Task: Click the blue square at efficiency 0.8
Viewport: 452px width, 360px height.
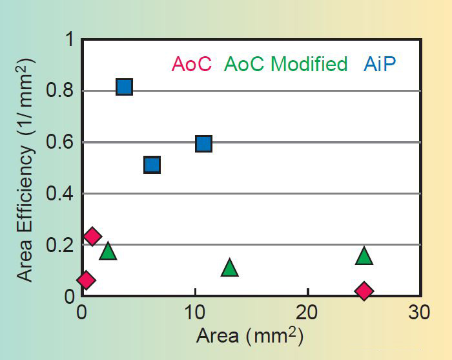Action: pyautogui.click(x=125, y=87)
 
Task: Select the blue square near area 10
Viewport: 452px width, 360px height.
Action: pyautogui.click(x=203, y=143)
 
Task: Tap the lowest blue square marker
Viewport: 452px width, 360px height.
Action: pyautogui.click(x=152, y=165)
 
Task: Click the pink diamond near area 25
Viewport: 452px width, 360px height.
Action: pyautogui.click(x=364, y=291)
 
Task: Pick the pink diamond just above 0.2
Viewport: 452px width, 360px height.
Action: pyautogui.click(x=92, y=236)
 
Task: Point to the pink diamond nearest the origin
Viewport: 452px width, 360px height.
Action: pyautogui.click(x=86, y=280)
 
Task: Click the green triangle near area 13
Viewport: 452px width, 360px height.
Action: pyautogui.click(x=230, y=268)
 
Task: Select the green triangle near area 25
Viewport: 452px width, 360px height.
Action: pyautogui.click(x=364, y=256)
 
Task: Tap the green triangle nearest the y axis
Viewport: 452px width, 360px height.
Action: pyautogui.click(x=108, y=251)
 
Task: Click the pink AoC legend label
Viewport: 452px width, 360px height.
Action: pyautogui.click(x=191, y=65)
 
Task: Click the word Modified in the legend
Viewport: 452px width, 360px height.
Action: pyautogui.click(x=309, y=65)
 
